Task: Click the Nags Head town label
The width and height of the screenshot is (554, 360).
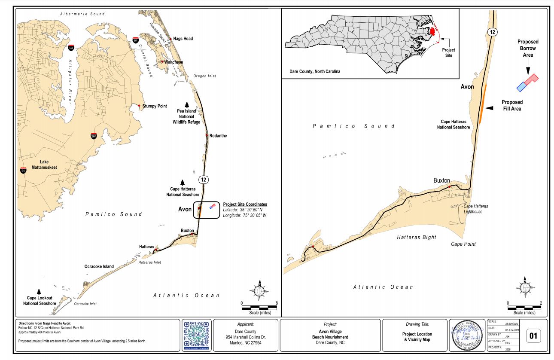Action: tap(183, 39)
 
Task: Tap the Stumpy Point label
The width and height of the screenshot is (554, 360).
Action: tap(155, 106)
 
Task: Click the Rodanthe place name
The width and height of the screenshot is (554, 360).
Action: tap(218, 136)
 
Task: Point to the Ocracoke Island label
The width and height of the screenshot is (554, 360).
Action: tap(99, 266)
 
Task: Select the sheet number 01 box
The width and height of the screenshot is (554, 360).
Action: tap(533, 336)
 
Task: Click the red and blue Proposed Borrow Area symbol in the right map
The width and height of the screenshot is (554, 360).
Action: tap(527, 82)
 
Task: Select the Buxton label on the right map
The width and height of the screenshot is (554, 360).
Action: tap(441, 180)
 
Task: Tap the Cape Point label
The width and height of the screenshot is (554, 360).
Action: tap(463, 244)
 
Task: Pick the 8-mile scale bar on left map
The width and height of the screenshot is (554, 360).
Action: tap(259, 308)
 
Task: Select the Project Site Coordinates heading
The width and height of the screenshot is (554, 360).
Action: tap(245, 204)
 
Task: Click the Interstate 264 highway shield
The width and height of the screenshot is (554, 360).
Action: tap(94, 136)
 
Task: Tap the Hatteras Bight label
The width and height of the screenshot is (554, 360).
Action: tap(416, 237)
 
